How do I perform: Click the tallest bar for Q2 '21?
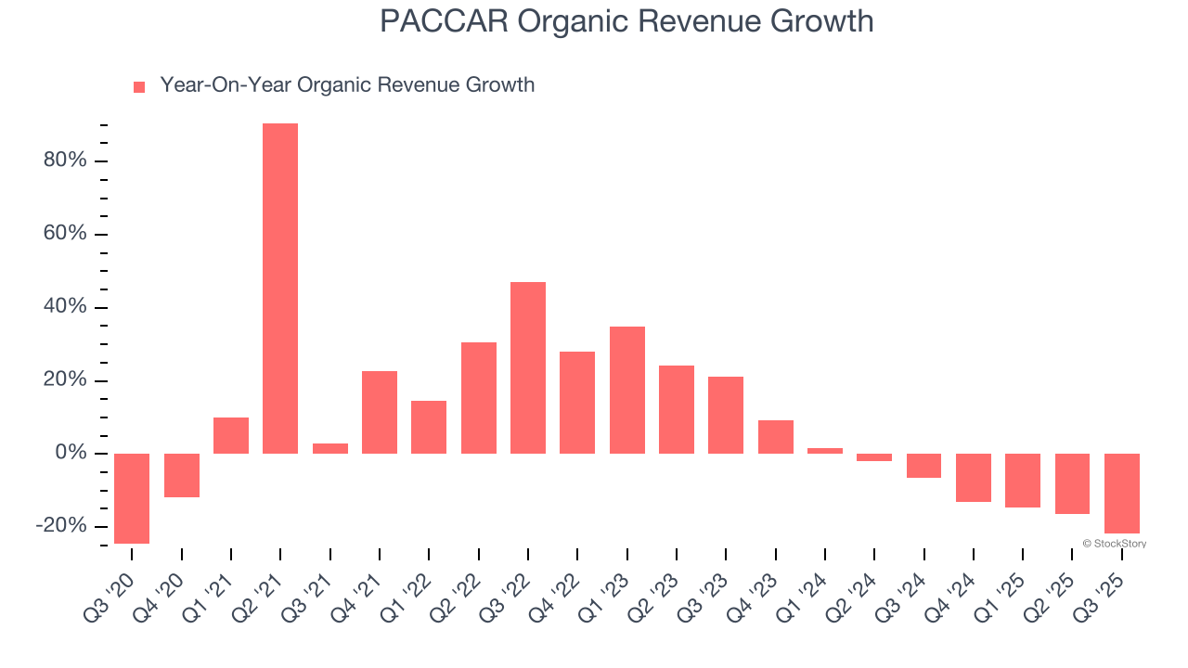[280, 289]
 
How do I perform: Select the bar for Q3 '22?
[528, 367]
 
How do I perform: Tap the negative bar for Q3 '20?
[132, 498]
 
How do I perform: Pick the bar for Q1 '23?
[627, 390]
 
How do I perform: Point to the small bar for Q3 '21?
[330, 448]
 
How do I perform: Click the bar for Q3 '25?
[1122, 494]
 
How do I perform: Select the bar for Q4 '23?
[776, 437]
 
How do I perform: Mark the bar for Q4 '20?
[182, 475]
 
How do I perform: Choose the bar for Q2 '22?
[479, 398]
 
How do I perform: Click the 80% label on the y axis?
[65, 161]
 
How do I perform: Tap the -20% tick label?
[61, 526]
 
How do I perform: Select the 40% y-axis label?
[65, 307]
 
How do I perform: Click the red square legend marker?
[139, 87]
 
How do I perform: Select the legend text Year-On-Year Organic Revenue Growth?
[347, 85]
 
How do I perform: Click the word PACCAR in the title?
[444, 21]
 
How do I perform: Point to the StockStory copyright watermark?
[1114, 544]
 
